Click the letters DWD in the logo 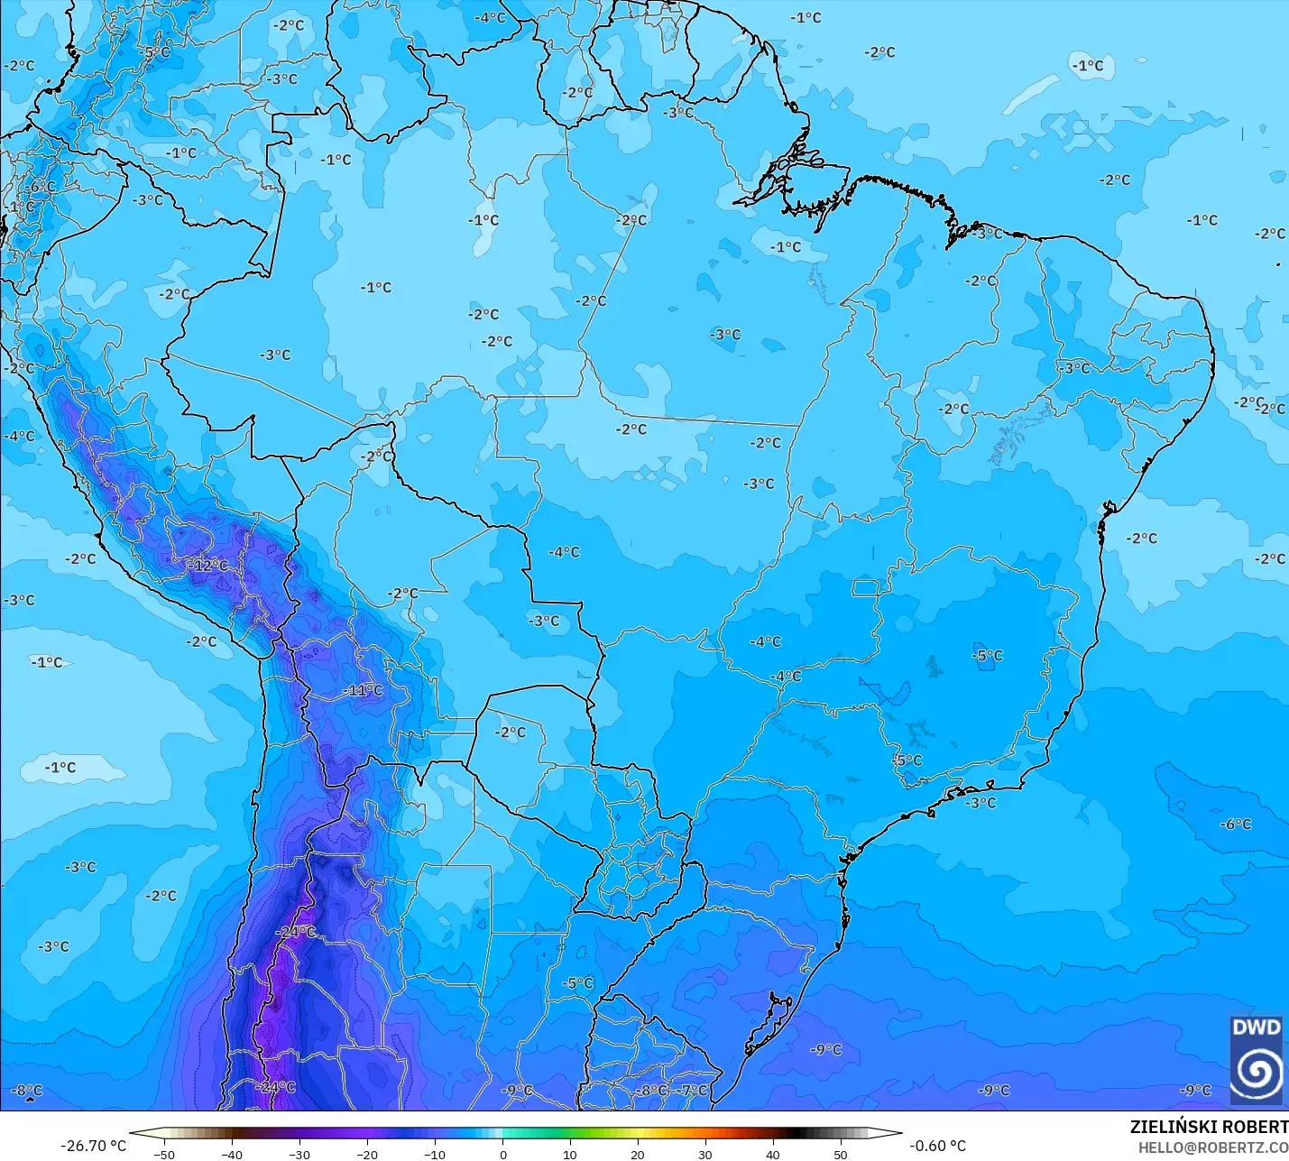coord(1257,1027)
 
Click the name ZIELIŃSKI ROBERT coord(1209,1128)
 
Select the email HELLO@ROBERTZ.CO coord(1212,1147)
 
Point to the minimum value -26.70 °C coord(93,1146)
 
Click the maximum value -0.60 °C coord(937,1146)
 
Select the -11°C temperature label coord(364,691)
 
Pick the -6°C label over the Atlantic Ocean coord(1236,825)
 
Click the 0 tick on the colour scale coord(502,1154)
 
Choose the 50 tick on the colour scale coord(841,1154)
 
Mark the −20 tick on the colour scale coord(367,1154)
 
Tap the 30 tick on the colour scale coord(705,1154)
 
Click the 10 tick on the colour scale coord(570,1154)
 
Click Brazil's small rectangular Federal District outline coord(865,589)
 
